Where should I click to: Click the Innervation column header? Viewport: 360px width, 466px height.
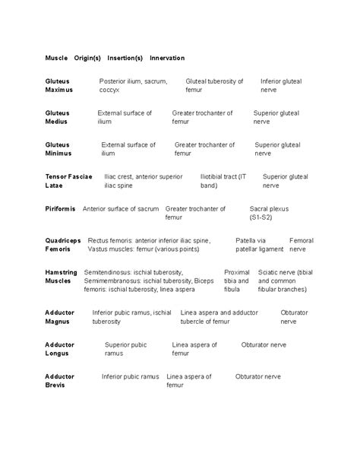(167, 58)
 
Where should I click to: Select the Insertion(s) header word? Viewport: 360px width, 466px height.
(125, 58)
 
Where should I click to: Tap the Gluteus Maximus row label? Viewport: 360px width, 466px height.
(58, 85)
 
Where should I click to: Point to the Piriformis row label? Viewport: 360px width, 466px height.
(61, 208)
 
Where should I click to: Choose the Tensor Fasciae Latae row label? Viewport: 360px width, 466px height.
(68, 181)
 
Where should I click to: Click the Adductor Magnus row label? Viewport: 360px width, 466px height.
(60, 317)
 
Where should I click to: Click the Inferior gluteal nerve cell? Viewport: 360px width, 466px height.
(280, 85)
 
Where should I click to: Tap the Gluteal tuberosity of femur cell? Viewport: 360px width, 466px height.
(214, 85)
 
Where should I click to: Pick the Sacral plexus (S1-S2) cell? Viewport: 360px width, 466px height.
(269, 213)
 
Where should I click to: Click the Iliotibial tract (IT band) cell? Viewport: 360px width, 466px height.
(223, 181)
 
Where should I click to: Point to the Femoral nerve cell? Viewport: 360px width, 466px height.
(301, 245)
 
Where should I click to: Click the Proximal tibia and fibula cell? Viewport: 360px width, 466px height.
(236, 281)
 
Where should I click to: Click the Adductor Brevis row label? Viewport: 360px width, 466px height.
(60, 381)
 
